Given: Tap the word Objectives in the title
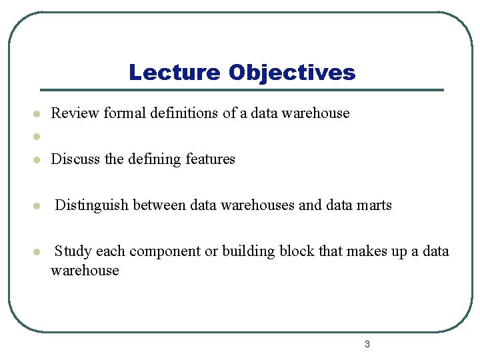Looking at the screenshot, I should (292, 72).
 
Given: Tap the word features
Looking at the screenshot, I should (210, 159).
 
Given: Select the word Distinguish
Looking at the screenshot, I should (92, 205).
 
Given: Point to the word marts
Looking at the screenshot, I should (374, 205).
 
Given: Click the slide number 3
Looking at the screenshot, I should (367, 345).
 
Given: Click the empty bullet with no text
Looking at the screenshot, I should (38, 137).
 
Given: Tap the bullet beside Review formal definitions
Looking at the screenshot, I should (38, 114).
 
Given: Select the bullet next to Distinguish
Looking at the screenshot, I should (38, 206).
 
